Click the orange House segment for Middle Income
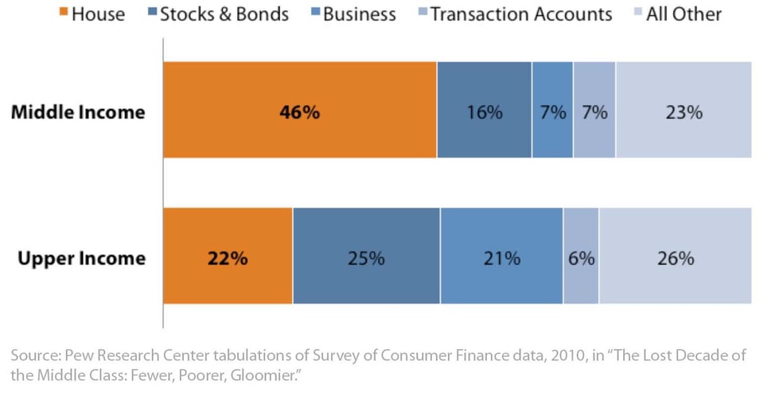point(299,110)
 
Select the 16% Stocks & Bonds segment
point(484,110)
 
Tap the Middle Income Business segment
point(552,110)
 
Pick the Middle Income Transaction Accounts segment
point(594,110)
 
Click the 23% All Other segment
point(684,110)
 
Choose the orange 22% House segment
point(228,255)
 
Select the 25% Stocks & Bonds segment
point(366,255)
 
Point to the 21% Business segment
point(501,255)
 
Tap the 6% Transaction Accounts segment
point(581,255)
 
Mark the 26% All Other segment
point(675,255)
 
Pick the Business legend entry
point(358,14)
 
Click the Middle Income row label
point(78,111)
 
